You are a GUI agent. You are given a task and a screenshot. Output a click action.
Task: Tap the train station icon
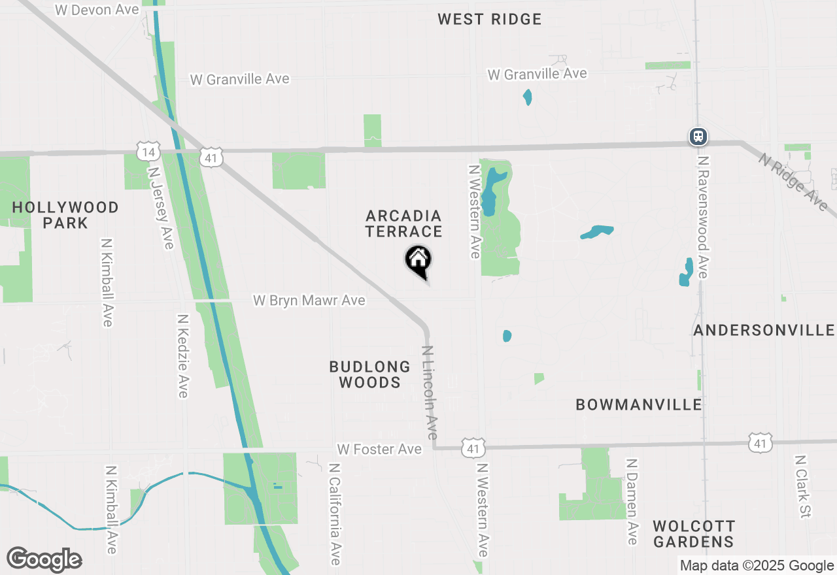[698, 137]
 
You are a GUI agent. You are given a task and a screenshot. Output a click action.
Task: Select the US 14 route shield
[148, 152]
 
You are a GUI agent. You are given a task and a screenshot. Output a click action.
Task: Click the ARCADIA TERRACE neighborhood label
[404, 223]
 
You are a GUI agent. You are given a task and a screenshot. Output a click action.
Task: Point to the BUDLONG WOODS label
[370, 374]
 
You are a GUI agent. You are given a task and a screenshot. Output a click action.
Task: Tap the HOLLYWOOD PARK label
[65, 215]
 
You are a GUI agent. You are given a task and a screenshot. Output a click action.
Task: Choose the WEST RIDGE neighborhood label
[490, 19]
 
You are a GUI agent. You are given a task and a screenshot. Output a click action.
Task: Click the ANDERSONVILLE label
[764, 331]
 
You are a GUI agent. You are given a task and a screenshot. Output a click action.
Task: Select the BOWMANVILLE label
[639, 405]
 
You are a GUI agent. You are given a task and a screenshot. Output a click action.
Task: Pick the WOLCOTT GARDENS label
[694, 534]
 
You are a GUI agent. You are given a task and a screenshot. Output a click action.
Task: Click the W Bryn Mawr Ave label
[309, 301]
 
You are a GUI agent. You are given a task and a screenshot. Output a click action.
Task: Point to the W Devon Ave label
[97, 10]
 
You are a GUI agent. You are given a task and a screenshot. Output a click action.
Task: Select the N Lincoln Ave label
[430, 393]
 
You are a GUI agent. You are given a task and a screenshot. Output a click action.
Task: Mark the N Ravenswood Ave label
[702, 217]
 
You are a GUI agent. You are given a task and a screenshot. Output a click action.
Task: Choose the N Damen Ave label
[632, 501]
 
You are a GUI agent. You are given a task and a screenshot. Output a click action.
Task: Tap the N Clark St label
[803, 487]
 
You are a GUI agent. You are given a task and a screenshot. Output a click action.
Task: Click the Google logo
[44, 560]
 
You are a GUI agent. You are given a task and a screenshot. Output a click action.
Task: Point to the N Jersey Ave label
[162, 206]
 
